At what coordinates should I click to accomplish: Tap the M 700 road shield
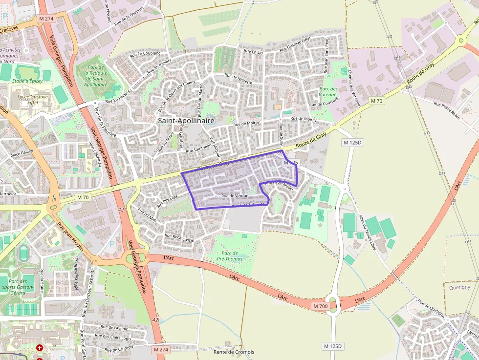320,306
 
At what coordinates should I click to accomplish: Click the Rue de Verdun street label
235,196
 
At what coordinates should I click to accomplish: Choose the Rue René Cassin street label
180,238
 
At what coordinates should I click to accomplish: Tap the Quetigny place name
459,287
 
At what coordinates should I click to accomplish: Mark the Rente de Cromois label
234,352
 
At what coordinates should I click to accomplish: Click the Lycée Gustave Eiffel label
33,100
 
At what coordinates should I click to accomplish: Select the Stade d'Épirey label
27,81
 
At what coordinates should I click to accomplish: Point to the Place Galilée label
22,152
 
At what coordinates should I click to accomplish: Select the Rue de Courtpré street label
324,104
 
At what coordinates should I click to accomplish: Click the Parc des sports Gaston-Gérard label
21,288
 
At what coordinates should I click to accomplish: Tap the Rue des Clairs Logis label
113,338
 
